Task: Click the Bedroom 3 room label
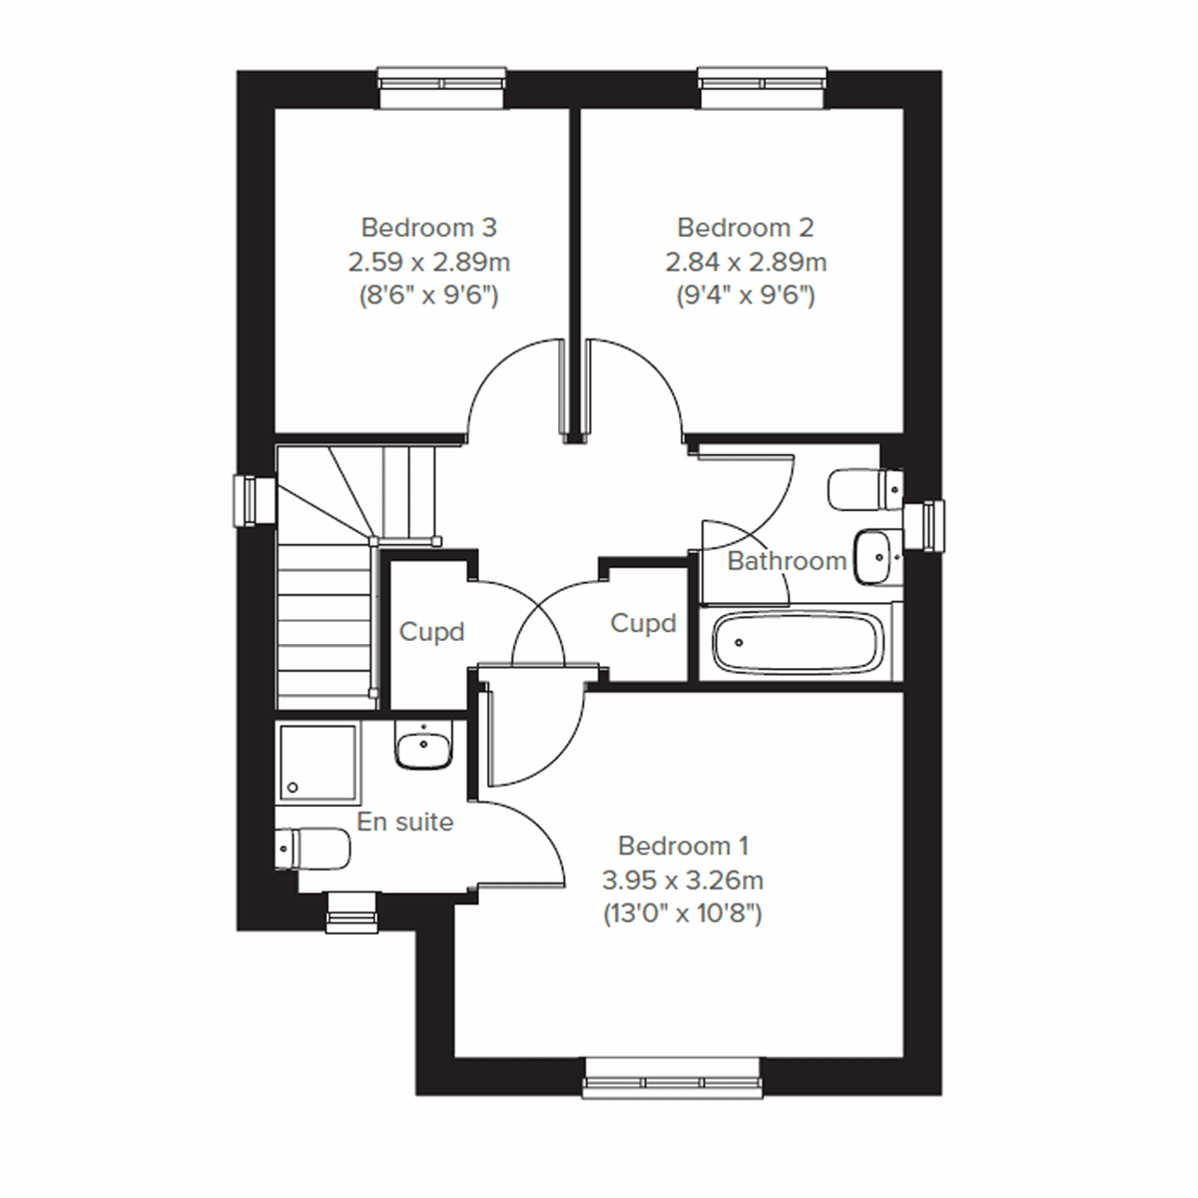click(x=428, y=228)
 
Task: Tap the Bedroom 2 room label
click(x=745, y=228)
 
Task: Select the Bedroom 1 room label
click(x=683, y=846)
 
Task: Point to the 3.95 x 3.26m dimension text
click(x=683, y=880)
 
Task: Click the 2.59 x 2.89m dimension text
click(x=428, y=263)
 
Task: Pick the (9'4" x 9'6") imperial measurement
click(x=745, y=297)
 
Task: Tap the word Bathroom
click(x=787, y=561)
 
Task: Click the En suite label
click(x=405, y=822)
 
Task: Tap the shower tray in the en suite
click(x=317, y=763)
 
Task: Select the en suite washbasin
click(x=424, y=746)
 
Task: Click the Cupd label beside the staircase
click(x=431, y=632)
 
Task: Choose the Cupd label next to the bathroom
click(x=643, y=624)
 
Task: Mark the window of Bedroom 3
click(x=442, y=87)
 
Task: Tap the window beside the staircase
click(x=254, y=500)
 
